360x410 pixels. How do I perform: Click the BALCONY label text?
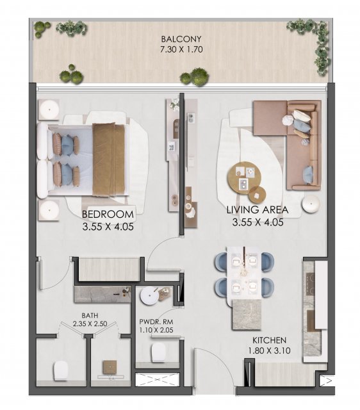tap(181, 39)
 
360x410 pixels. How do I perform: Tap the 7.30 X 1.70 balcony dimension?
tap(181, 49)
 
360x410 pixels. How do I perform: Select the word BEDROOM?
tap(108, 215)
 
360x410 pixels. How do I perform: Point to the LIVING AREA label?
tap(258, 209)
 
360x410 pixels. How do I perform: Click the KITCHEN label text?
tap(269, 340)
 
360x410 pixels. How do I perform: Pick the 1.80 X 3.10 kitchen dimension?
tap(269, 350)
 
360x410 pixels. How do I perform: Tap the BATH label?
tap(90, 315)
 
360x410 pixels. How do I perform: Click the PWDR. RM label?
tap(156, 322)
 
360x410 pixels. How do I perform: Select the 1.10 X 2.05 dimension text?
tap(156, 331)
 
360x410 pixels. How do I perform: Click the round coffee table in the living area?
tap(244, 178)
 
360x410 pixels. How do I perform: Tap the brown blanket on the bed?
tap(108, 160)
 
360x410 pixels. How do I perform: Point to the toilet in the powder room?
tap(158, 352)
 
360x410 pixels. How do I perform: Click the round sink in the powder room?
tap(149, 296)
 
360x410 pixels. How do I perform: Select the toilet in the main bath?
tap(61, 371)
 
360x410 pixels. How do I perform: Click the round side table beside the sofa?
tap(311, 204)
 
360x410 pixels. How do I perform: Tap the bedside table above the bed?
tap(49, 110)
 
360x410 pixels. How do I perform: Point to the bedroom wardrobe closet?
tap(109, 270)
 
